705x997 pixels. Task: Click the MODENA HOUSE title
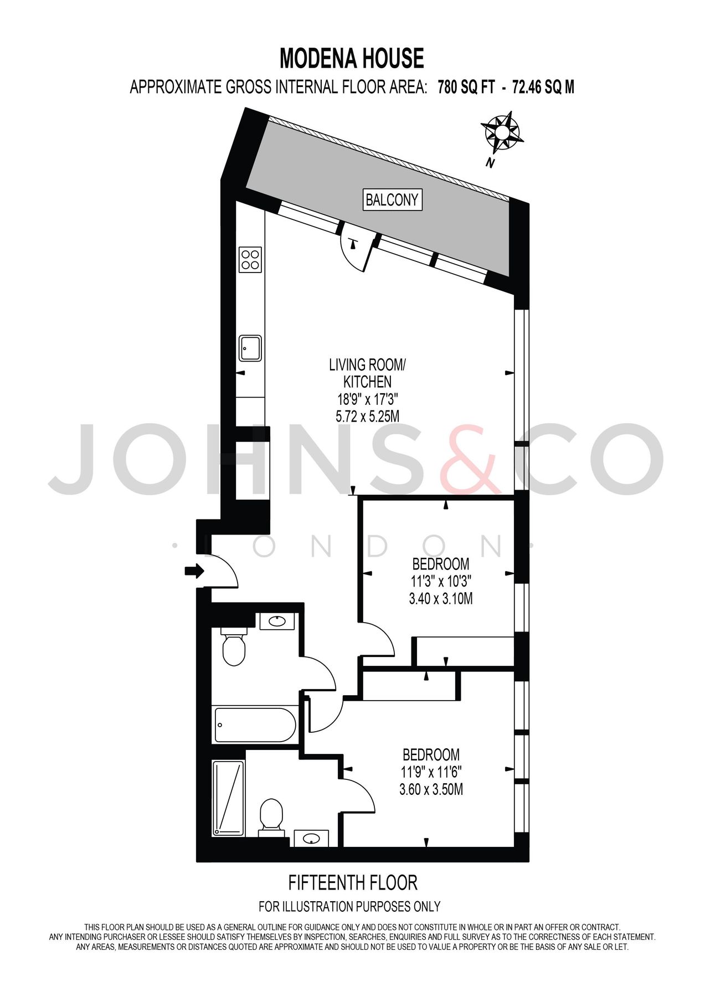(352, 58)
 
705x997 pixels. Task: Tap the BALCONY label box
(392, 199)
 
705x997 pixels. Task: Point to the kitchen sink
(250, 348)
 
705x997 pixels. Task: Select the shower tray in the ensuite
(228, 798)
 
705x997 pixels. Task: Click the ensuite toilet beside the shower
(271, 817)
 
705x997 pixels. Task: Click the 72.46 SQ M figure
(543, 88)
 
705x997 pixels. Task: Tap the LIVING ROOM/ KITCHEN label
(367, 373)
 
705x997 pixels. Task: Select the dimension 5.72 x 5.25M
(367, 416)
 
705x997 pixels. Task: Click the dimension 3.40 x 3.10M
(440, 599)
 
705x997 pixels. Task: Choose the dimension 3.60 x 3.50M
(431, 789)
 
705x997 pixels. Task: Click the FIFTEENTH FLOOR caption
(353, 882)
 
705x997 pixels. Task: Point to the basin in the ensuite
(311, 839)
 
